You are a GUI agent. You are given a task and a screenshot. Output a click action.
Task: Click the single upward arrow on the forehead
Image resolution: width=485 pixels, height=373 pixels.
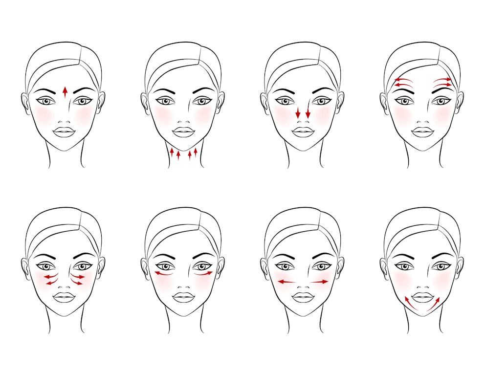tap(65, 92)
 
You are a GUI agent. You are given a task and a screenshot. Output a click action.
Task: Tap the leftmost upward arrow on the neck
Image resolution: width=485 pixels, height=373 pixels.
tap(172, 154)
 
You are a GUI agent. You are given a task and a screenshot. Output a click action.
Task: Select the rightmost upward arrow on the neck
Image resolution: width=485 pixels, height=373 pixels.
tap(196, 152)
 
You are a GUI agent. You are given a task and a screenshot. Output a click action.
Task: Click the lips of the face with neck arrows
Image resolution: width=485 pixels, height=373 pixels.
tap(184, 132)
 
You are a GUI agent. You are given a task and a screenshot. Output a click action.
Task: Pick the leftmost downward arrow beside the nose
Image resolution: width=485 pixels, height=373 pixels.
tap(298, 112)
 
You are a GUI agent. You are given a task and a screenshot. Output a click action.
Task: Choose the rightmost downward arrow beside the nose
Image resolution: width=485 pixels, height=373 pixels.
tap(308, 112)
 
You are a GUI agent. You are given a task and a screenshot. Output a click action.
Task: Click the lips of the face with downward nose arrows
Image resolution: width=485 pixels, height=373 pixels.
tap(303, 132)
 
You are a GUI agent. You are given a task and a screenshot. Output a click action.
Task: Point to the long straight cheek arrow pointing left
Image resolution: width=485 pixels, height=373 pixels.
tap(287, 282)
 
